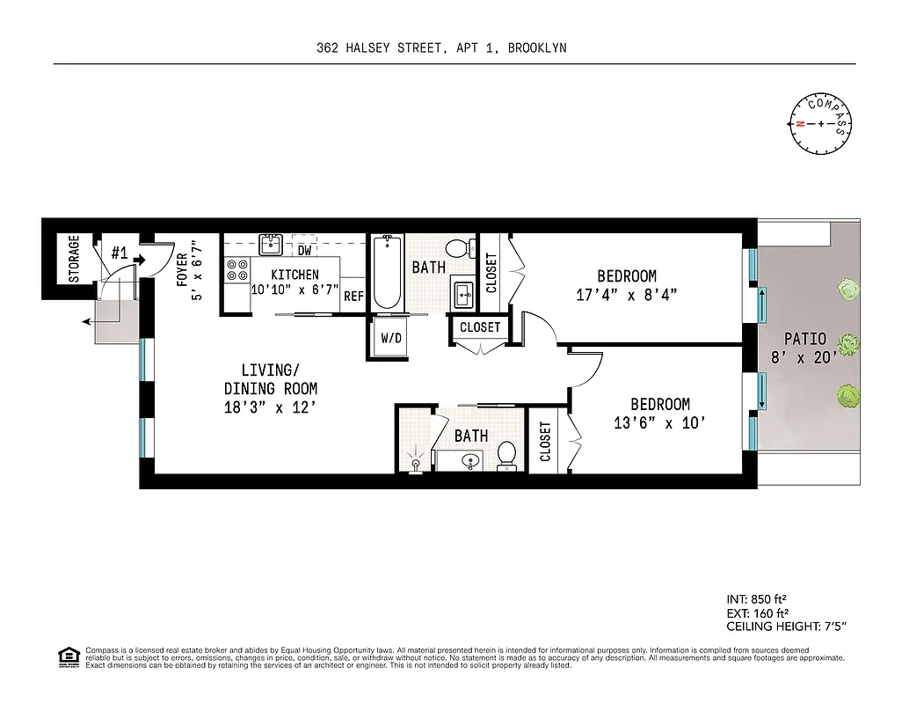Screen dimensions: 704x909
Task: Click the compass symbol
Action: point(821,124)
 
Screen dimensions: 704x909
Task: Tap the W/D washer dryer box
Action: point(389,337)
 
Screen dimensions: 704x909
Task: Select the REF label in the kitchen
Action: point(353,297)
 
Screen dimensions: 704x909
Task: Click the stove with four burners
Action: point(236,268)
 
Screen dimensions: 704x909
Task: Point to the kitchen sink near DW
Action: point(270,243)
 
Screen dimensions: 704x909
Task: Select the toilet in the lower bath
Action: point(506,455)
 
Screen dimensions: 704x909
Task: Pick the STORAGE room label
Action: point(75,258)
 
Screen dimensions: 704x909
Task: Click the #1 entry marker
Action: point(120,253)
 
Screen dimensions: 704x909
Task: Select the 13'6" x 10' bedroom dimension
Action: point(659,423)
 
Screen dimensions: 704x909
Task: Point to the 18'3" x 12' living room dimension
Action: point(270,407)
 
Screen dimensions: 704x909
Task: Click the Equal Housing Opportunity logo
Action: point(67,656)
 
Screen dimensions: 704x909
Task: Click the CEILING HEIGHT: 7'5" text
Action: point(786,627)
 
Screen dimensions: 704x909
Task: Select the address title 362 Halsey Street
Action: point(441,48)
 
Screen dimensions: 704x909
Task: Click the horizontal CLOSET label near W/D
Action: point(480,327)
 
